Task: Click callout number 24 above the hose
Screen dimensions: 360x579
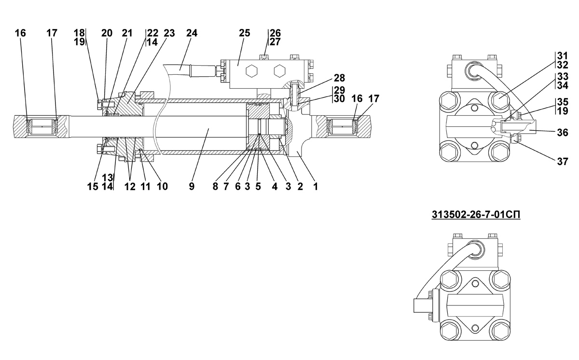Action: pos(192,33)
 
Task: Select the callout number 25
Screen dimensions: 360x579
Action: pos(245,33)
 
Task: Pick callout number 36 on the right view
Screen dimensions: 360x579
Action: pos(561,131)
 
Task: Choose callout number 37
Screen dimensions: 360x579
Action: pos(562,162)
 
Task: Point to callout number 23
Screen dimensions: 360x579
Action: pos(169,33)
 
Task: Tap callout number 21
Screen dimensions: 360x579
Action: pos(127,33)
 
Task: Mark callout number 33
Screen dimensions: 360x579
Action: pos(561,77)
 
